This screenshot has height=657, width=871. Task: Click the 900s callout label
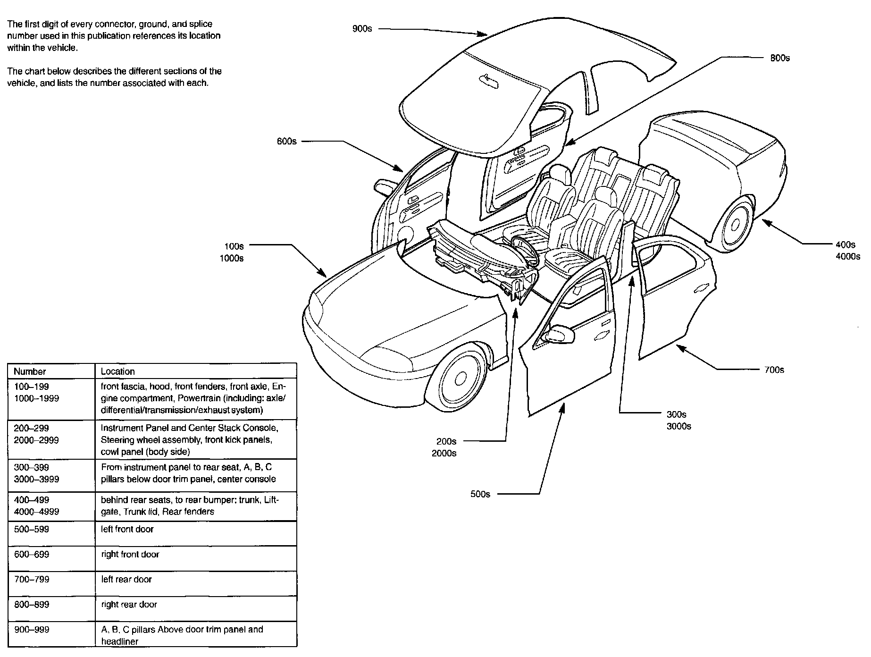(x=362, y=29)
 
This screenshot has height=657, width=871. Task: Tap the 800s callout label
(x=779, y=58)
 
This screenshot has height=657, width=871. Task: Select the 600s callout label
(x=286, y=141)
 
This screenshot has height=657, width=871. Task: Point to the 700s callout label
(x=774, y=370)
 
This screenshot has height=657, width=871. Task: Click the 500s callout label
(x=480, y=494)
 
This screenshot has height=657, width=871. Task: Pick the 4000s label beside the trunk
(x=847, y=257)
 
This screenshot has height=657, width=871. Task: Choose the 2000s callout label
(x=444, y=454)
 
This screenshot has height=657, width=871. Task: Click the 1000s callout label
(x=232, y=258)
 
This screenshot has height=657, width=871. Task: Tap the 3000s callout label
(x=678, y=427)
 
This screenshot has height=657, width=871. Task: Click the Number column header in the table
(x=30, y=371)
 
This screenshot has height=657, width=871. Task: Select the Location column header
(x=118, y=371)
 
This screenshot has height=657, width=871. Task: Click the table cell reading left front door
(x=127, y=529)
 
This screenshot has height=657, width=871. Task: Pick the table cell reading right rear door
(x=129, y=605)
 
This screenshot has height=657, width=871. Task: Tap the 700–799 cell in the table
(x=32, y=579)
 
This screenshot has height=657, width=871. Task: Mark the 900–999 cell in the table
(x=32, y=630)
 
